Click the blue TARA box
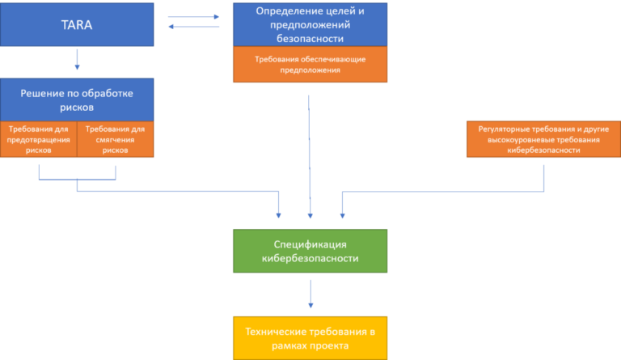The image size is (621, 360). tap(77, 24)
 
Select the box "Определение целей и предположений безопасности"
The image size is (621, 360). tap(310, 24)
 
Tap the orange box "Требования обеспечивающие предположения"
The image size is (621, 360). tap(310, 64)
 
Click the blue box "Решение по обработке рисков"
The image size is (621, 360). tap(77, 100)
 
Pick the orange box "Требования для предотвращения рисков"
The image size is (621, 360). tap(39, 139)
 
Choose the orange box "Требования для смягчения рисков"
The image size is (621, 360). tap(116, 139)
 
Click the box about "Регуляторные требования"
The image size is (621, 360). tap(543, 139)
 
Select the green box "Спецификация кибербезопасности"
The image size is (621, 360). tap(310, 251)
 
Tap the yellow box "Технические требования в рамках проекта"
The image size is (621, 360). tap(310, 338)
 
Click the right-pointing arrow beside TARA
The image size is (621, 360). tap(194, 17)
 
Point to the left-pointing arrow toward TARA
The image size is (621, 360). tap(194, 27)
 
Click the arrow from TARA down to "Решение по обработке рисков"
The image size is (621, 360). tap(78, 59)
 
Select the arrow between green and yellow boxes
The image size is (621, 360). tap(310, 294)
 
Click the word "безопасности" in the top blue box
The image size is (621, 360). tap(310, 38)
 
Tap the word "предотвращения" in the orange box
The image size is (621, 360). tap(39, 139)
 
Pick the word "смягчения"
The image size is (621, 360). tap(116, 139)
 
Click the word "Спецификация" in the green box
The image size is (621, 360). tap(310, 244)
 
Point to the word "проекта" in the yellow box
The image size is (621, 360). tap(330, 345)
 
